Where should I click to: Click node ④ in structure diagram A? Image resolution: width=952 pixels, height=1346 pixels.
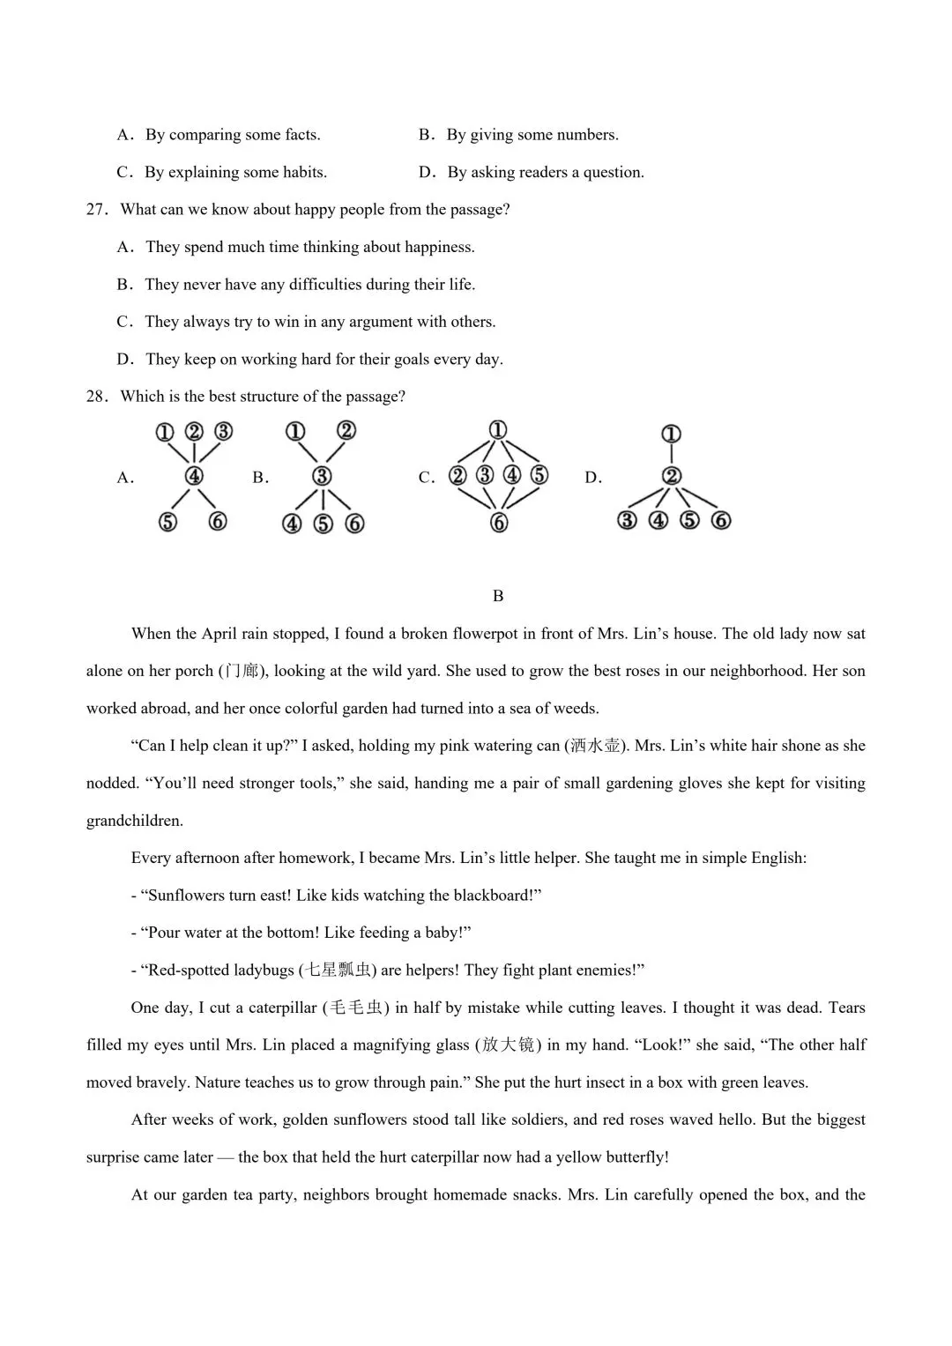193,477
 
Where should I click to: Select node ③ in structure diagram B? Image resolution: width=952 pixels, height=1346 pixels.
322,477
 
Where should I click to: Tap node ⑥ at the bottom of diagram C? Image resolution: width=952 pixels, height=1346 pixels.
499,523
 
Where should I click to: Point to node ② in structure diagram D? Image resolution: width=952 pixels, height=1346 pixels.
672,477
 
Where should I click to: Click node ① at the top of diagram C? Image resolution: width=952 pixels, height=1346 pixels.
498,431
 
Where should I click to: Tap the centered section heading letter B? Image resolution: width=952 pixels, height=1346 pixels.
498,596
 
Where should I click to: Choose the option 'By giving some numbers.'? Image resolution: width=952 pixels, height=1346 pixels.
532,135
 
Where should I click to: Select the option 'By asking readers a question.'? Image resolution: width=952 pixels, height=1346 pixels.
545,173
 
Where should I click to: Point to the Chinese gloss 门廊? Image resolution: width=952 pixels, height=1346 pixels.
242,672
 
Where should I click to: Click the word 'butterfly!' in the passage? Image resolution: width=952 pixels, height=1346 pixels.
633,1157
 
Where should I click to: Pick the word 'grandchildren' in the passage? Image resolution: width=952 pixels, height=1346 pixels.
134,821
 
